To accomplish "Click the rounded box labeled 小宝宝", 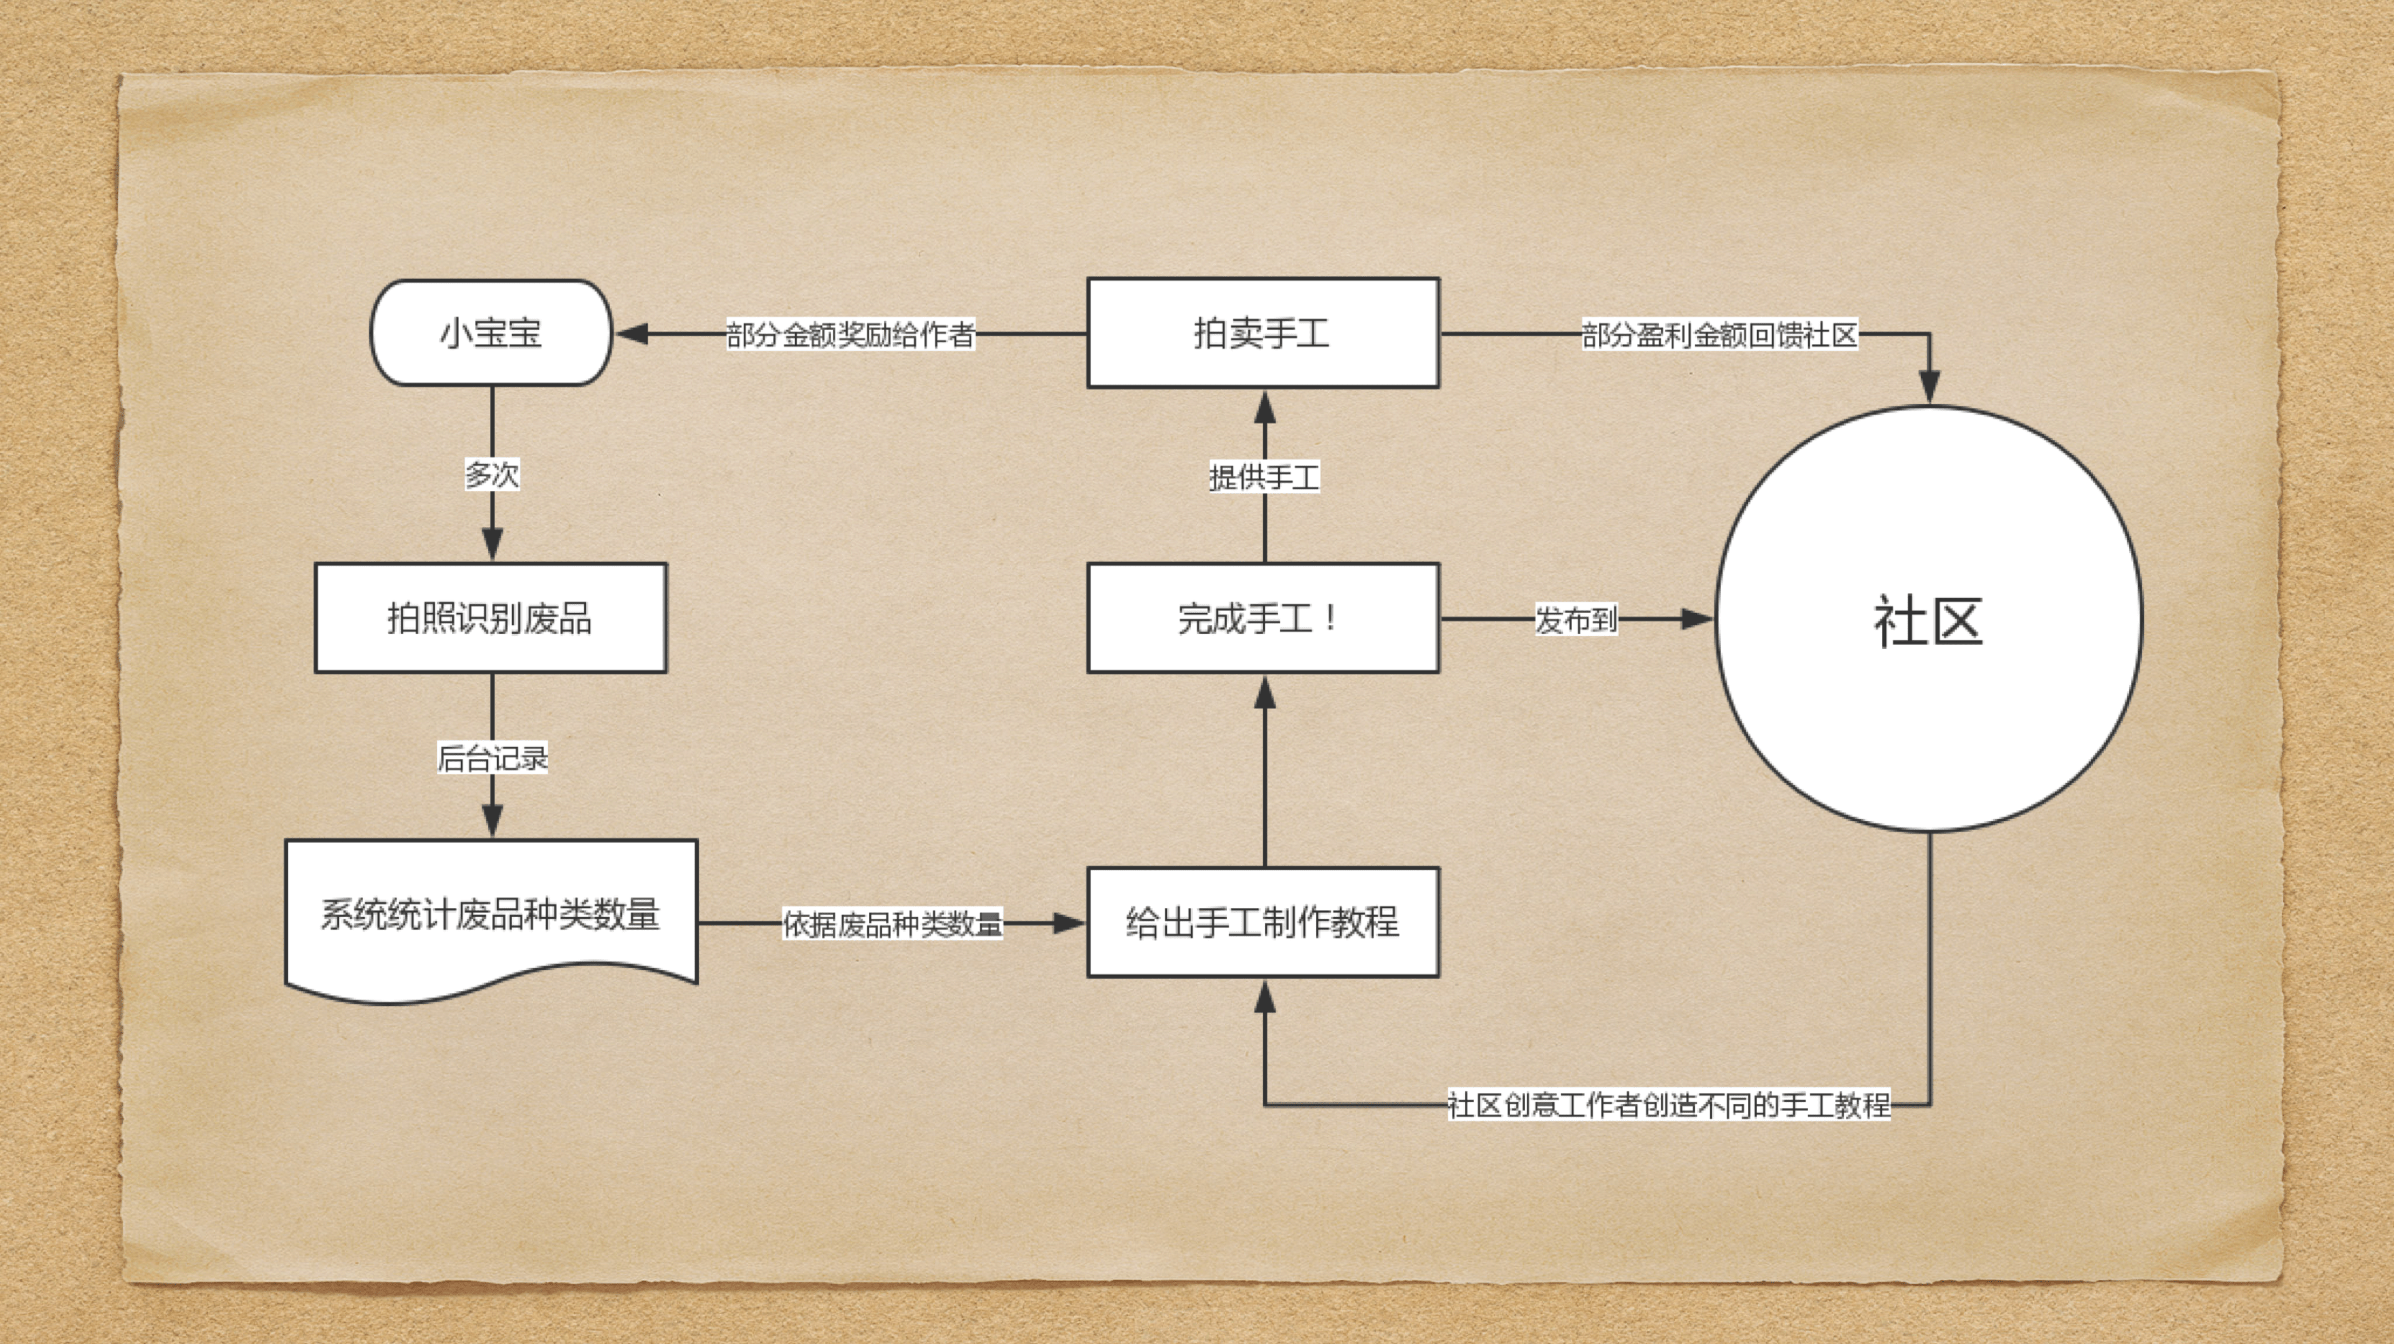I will tap(491, 333).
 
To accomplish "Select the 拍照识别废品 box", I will tap(491, 617).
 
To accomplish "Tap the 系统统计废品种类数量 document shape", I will tap(491, 916).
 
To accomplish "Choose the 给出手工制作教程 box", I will tap(1263, 922).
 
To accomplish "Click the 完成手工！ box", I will tap(1263, 617).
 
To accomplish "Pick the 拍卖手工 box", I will tap(1263, 333).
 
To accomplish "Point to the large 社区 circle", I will tap(1928, 619).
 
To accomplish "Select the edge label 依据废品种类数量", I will tap(892, 924).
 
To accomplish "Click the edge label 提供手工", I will tap(1264, 478).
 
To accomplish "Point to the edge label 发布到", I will tap(1576, 619).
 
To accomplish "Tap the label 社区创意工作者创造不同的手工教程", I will tap(1669, 1105).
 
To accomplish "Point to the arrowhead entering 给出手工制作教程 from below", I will tap(1264, 996).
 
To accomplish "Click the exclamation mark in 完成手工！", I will tap(1333, 617).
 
